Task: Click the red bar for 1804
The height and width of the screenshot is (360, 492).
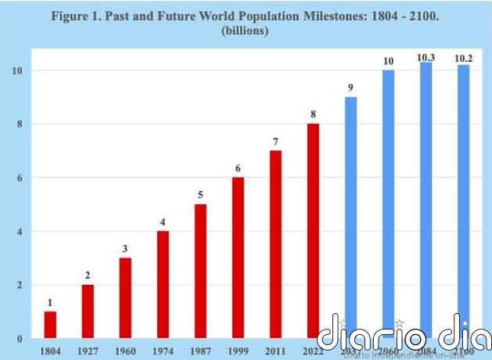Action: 50,325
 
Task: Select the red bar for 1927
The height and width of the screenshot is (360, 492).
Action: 88,311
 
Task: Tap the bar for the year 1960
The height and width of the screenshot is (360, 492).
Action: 125,298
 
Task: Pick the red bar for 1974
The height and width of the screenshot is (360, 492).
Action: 163,285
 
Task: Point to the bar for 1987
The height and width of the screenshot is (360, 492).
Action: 200,272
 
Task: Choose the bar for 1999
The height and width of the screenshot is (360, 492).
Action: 238,258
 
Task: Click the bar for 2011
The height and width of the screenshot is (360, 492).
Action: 275,244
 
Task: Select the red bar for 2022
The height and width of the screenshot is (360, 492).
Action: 314,231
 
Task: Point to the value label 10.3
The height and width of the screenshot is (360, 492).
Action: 426,57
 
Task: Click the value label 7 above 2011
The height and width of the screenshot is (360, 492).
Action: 275,141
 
